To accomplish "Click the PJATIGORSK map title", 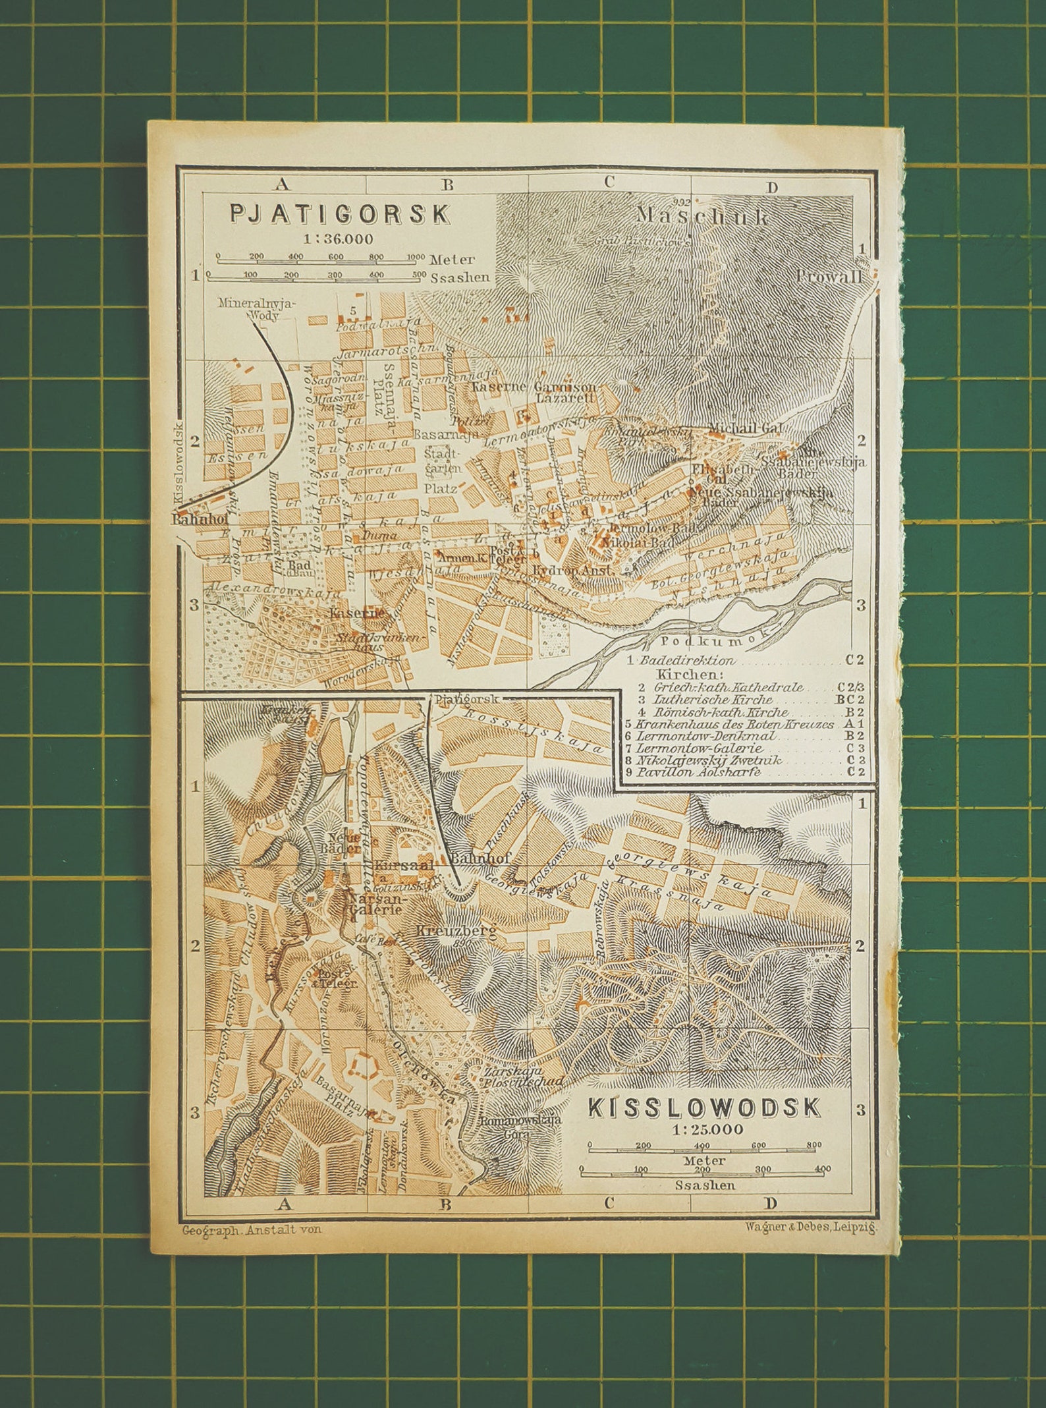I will click(x=340, y=214).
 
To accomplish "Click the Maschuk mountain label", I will click(x=703, y=216).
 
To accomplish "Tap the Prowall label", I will click(x=829, y=276).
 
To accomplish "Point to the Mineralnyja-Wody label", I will click(x=259, y=309).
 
